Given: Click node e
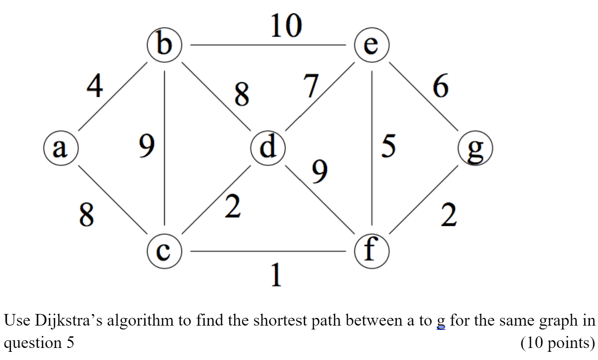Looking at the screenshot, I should pyautogui.click(x=372, y=45).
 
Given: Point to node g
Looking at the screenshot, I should pyautogui.click(x=475, y=148).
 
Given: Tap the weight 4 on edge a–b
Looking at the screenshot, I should pyautogui.click(x=94, y=86).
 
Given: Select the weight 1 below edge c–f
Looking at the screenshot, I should pyautogui.click(x=275, y=275).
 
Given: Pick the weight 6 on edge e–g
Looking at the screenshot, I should pyautogui.click(x=441, y=86).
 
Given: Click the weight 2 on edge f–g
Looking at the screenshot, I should pyautogui.click(x=448, y=216).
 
